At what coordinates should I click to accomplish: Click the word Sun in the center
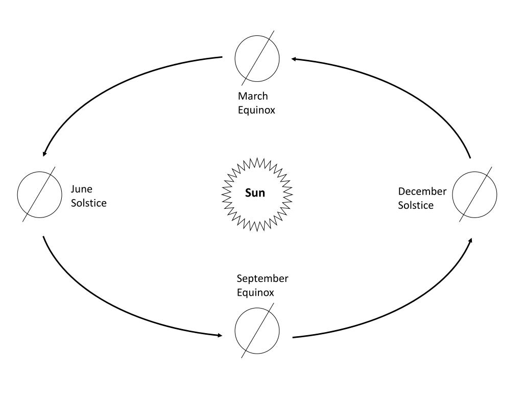click(255, 193)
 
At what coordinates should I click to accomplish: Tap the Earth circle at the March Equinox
click(257, 58)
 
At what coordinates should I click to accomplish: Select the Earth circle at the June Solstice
click(40, 194)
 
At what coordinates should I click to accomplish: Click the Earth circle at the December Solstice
click(474, 194)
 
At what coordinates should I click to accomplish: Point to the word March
click(253, 96)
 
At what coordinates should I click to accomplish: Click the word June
click(81, 189)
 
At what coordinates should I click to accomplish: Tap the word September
click(263, 278)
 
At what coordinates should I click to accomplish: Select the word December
click(422, 191)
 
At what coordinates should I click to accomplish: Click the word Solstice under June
click(89, 203)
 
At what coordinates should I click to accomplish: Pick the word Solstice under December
click(416, 205)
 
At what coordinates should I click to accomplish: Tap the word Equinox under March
click(256, 110)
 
